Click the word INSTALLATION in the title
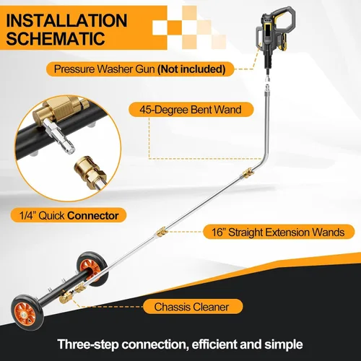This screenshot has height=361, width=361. tap(66, 20)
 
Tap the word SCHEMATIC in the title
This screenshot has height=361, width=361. tap(56, 38)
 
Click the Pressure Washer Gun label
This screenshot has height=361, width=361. tap(140, 69)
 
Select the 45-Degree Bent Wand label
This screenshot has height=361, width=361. tap(191, 110)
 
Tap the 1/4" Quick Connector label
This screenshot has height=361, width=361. tap(69, 215)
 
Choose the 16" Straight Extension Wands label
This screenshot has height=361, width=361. tap(279, 232)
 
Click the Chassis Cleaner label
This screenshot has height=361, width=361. tap(193, 307)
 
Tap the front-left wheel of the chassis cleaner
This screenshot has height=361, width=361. tap(27, 313)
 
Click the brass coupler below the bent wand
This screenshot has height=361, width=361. tap(248, 173)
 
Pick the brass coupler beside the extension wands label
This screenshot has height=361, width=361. tap(162, 232)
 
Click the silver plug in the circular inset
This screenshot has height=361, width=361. tap(59, 136)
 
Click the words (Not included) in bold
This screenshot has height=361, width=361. tap(191, 69)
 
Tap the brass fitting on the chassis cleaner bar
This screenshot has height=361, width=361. tap(66, 298)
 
